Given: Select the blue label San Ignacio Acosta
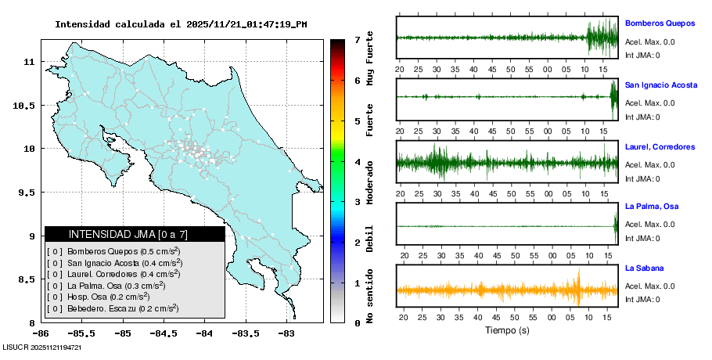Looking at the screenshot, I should coord(660,85).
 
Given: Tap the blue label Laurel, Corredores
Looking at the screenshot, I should coord(660,146).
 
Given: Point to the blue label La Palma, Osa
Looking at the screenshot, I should coord(651,207).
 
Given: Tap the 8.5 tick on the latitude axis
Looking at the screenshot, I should coord(27,279).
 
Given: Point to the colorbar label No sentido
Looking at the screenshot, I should coord(370,295).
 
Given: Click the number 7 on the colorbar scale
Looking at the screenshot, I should coord(358,39).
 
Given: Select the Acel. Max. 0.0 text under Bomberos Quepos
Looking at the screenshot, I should coord(649,42).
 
